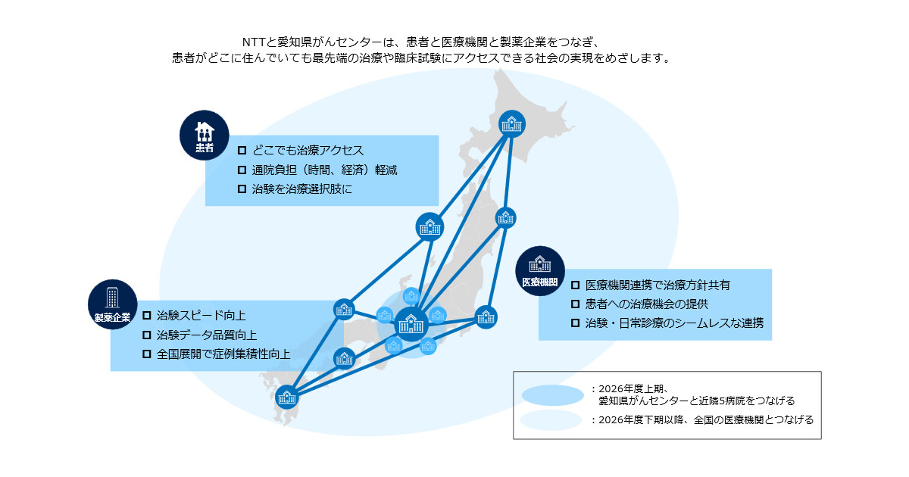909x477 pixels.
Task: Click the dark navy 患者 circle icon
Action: click(204, 134)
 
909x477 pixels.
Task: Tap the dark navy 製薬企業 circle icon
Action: click(112, 304)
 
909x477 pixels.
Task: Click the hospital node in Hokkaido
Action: click(512, 122)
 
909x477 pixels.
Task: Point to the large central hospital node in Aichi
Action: click(411, 325)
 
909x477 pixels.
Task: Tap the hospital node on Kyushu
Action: click(287, 395)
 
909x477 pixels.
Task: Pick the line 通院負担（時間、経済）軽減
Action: click(324, 170)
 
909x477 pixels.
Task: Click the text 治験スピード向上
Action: click(201, 315)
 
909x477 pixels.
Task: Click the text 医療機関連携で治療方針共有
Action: click(658, 285)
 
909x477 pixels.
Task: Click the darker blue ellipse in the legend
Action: click(552, 394)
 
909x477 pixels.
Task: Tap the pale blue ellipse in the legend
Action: click(552, 420)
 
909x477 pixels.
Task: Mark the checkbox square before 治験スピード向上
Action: click(147, 315)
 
